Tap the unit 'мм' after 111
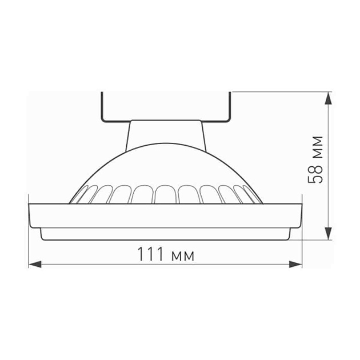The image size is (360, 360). tap(182, 255)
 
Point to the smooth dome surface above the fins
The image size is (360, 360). tap(166, 166)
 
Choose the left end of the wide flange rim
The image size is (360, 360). tap(31, 214)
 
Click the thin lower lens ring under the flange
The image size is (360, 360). tap(166, 234)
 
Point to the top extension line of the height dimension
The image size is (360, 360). tap(280, 92)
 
